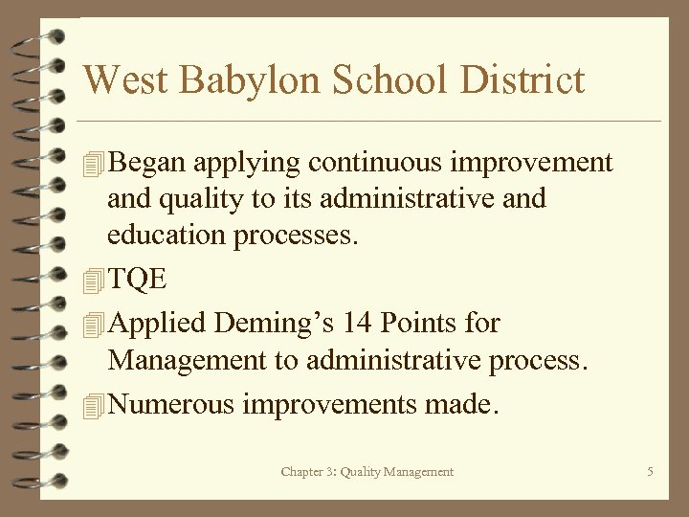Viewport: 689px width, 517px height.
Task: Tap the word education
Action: tap(168, 236)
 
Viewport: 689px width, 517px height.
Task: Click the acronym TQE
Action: tap(139, 280)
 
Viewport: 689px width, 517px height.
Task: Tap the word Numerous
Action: tap(172, 405)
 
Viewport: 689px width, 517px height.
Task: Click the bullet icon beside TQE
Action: tap(92, 281)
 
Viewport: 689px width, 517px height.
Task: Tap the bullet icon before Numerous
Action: tap(92, 406)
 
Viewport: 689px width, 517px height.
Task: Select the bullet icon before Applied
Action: tap(92, 325)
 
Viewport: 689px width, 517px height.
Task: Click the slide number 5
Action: tap(650, 472)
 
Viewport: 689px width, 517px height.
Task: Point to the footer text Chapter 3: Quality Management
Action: tap(367, 472)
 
